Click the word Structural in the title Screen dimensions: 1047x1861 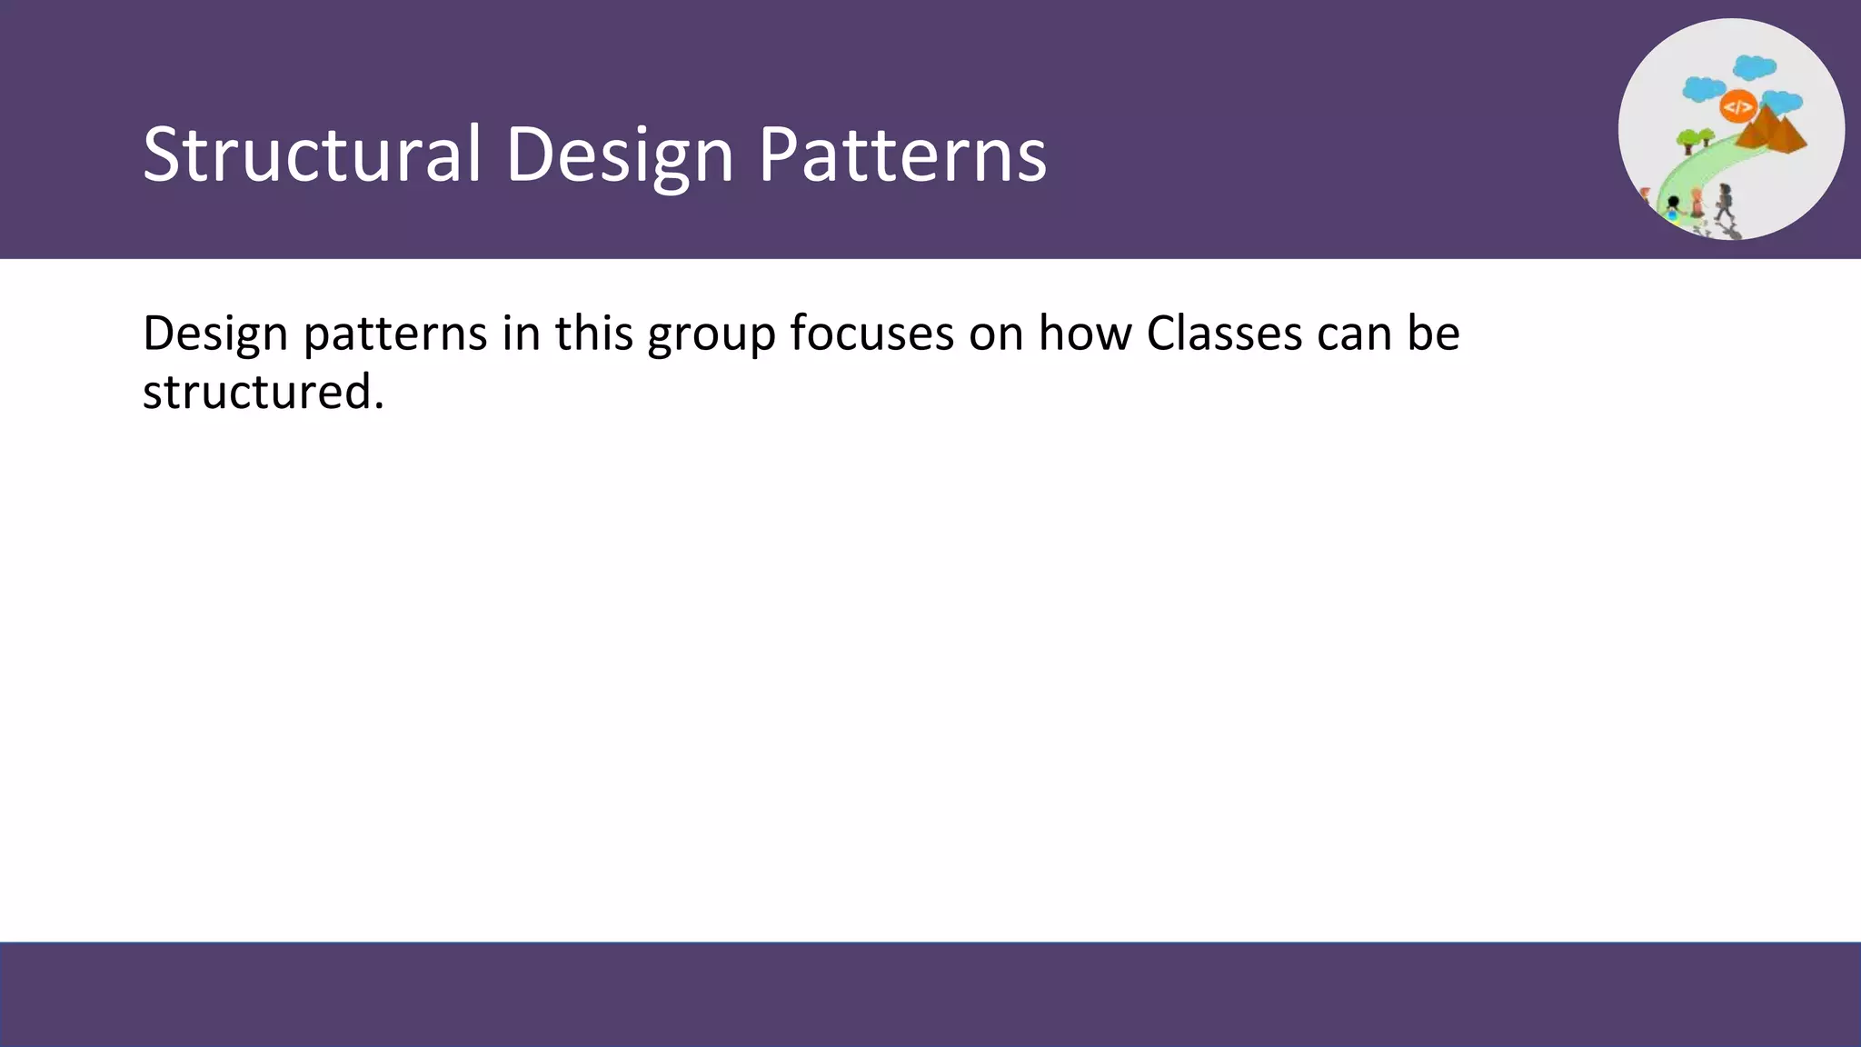tap(312, 155)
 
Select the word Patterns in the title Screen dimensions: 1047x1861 tap(902, 155)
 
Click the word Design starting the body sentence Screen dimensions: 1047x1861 tap(215, 334)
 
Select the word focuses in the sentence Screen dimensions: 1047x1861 tap(871, 333)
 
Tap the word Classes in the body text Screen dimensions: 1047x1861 tap(1224, 333)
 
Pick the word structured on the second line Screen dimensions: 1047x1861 tap(264, 393)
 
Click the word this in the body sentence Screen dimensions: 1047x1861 tap(594, 333)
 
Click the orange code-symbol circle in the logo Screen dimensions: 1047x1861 tap(1737, 107)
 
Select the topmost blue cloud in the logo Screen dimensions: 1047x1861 tap(1754, 67)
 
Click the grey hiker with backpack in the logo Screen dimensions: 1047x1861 tap(1724, 202)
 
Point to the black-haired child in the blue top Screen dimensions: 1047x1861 tap(1673, 208)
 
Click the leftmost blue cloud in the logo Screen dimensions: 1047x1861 tap(1703, 89)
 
